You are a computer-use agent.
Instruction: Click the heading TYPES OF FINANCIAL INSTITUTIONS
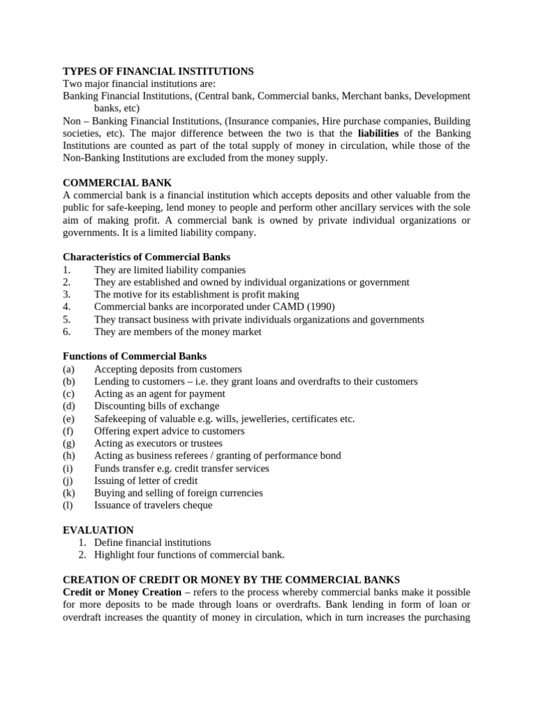(x=158, y=71)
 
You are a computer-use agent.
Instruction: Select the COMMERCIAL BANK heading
(x=117, y=183)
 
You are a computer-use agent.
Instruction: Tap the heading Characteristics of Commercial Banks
(x=146, y=257)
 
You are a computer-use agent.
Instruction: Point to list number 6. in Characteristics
(x=67, y=332)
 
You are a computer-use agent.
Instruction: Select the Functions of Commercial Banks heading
(x=134, y=357)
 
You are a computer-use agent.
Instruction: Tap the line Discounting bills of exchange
(x=156, y=406)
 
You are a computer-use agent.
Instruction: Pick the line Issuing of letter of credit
(x=146, y=480)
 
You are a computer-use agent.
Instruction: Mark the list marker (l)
(x=67, y=505)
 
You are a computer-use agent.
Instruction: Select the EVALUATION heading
(x=98, y=530)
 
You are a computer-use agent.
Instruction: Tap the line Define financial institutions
(x=152, y=542)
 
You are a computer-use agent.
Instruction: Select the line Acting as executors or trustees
(x=159, y=444)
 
